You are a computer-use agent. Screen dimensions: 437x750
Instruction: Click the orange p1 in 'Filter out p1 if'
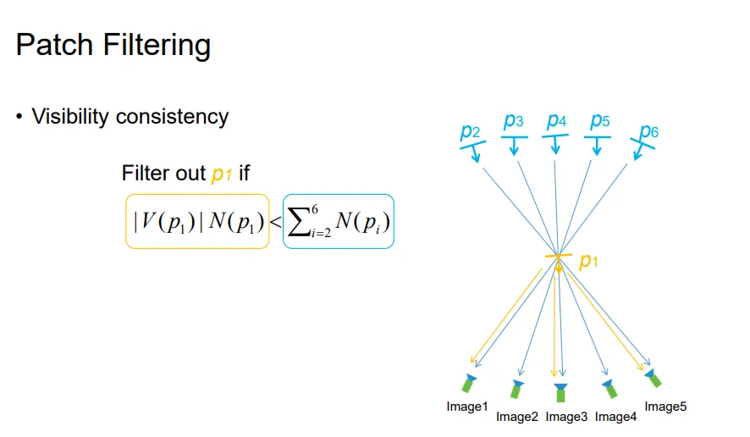[221, 174]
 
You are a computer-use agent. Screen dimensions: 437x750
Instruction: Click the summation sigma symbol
[301, 222]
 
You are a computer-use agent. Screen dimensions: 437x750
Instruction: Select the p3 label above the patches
[513, 121]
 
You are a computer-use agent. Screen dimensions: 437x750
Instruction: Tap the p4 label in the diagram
[556, 121]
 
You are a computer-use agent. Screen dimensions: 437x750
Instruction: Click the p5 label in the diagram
[599, 121]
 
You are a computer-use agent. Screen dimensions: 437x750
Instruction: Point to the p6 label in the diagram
[648, 131]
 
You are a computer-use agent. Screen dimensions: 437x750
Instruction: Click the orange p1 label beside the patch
[588, 263]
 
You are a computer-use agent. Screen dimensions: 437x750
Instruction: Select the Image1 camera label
[467, 407]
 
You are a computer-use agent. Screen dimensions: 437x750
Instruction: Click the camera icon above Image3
[560, 390]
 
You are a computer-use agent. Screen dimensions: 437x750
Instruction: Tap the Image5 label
[665, 407]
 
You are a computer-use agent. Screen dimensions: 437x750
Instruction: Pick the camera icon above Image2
[516, 388]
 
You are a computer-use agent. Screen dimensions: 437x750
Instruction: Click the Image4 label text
[616, 417]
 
